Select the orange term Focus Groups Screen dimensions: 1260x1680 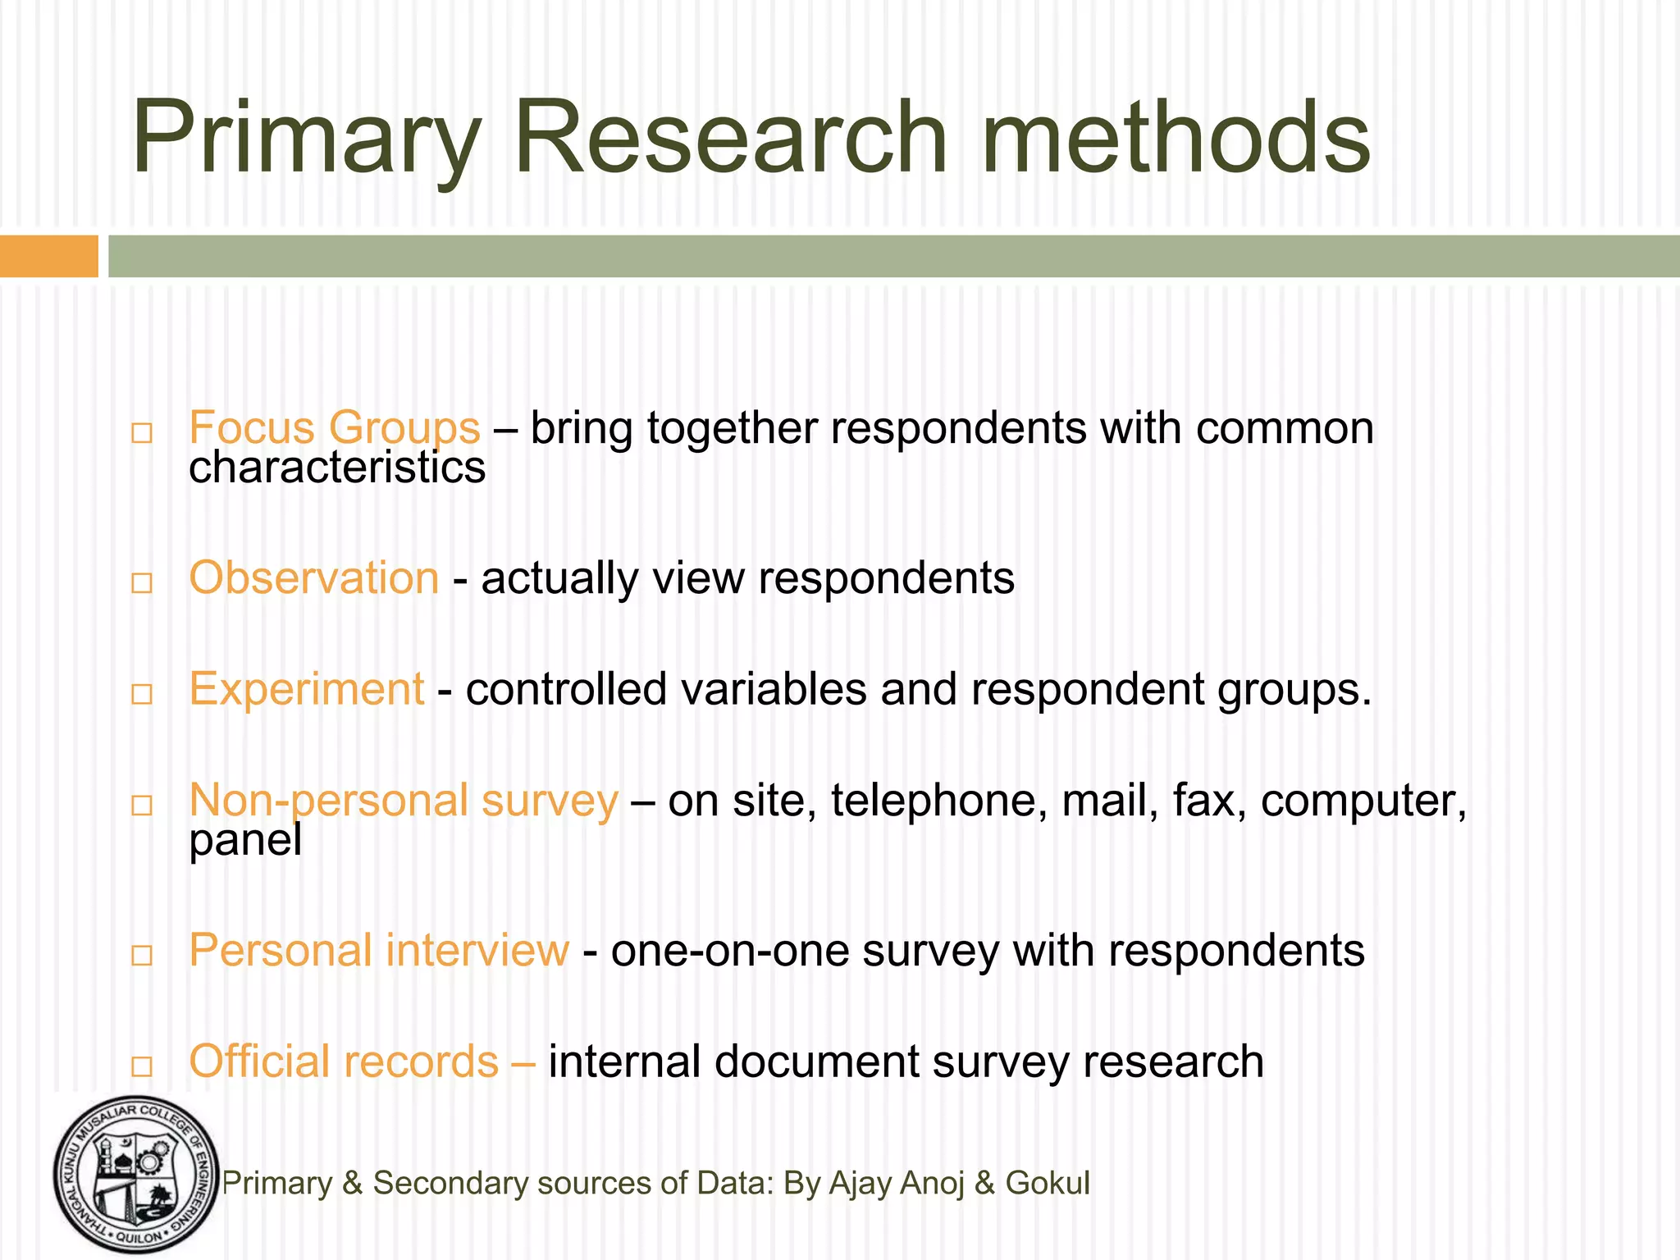(334, 427)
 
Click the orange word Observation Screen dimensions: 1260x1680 (314, 577)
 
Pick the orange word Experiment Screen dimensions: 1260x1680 (306, 688)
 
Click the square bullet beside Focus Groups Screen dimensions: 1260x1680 (142, 432)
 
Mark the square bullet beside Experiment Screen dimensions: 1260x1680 (142, 694)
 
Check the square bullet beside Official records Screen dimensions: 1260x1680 (142, 1066)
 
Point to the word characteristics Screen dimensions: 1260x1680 (337, 468)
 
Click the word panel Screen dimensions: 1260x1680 (245, 840)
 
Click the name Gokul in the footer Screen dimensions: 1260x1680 (1048, 1183)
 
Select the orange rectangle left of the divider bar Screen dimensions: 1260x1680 (48, 256)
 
